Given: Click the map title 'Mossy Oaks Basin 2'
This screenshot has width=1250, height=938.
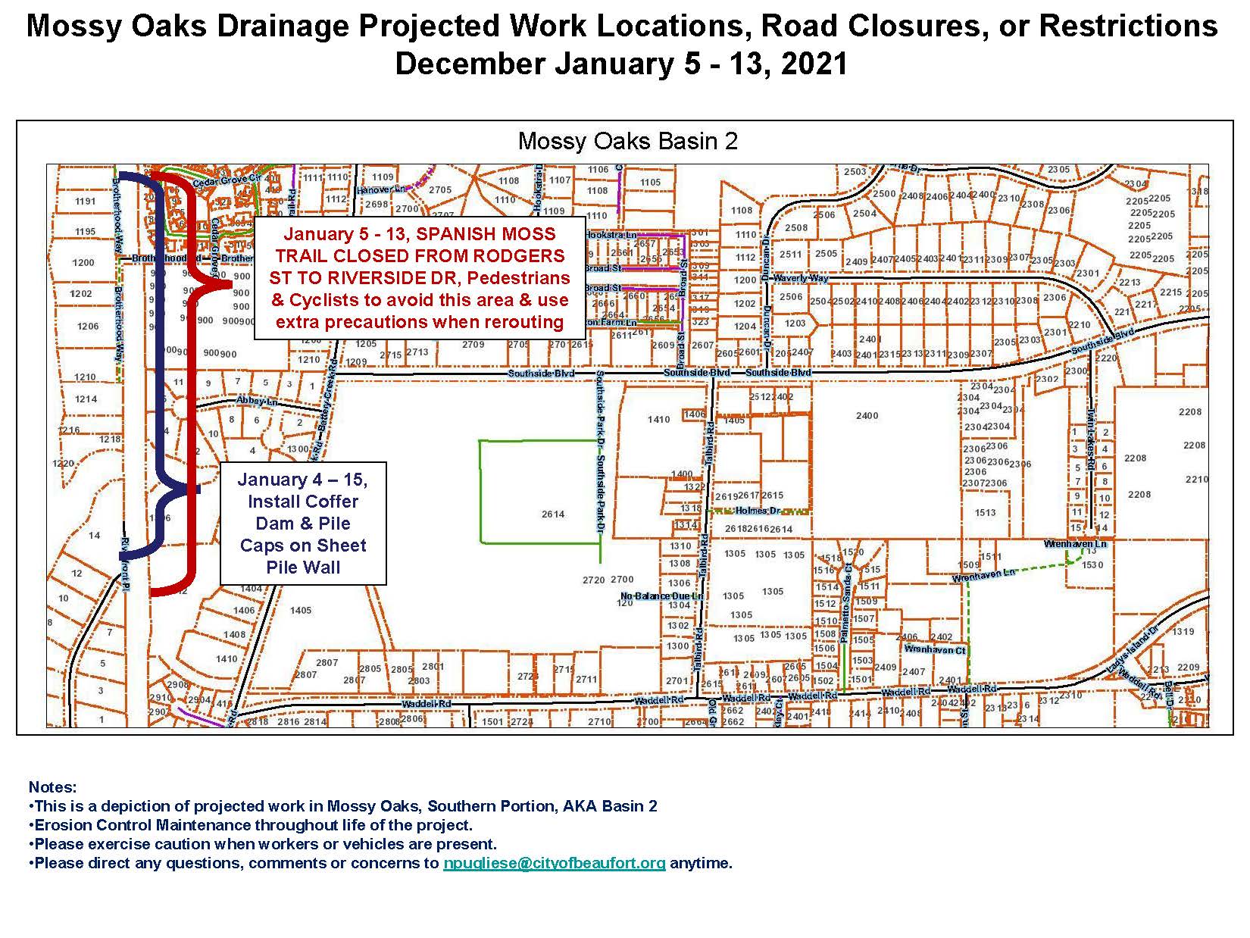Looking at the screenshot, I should (x=627, y=142).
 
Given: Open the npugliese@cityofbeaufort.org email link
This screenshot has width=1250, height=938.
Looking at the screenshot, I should (x=554, y=863).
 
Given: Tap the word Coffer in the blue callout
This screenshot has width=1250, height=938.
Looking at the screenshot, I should (x=329, y=502).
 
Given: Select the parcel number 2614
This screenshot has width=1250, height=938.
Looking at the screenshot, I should (x=553, y=514).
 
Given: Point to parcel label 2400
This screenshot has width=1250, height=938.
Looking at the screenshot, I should (x=867, y=415).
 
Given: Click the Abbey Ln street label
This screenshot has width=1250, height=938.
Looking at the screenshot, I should (x=253, y=400).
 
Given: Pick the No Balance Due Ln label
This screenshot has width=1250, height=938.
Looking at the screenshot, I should (x=662, y=596).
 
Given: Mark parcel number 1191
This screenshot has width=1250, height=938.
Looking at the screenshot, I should (x=86, y=202).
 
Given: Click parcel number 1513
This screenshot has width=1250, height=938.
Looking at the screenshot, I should (x=985, y=513).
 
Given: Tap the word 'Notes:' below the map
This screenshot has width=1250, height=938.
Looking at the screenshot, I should (x=52, y=788).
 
